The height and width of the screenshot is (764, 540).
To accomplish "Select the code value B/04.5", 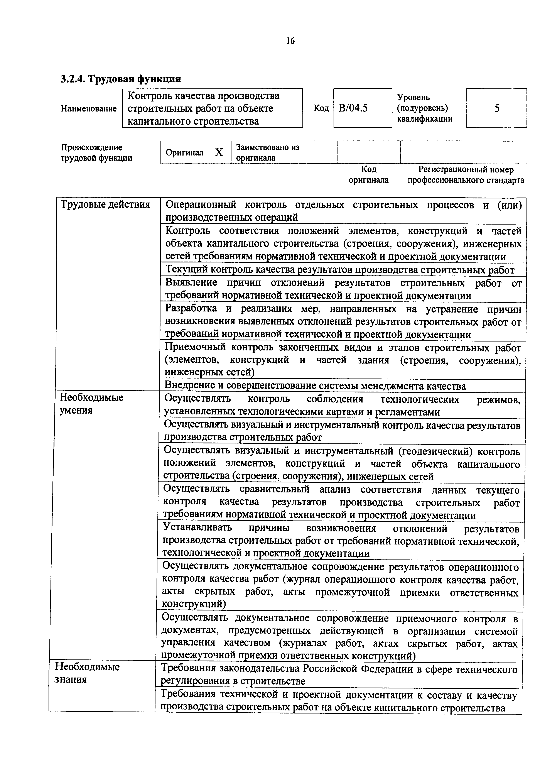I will coord(353,108).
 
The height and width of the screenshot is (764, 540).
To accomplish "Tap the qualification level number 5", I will coord(496,108).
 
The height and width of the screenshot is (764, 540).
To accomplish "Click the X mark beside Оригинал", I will coord(219,152).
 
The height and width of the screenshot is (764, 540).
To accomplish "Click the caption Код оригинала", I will coord(369,175).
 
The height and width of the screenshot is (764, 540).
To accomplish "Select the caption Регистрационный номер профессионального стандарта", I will coord(466,175).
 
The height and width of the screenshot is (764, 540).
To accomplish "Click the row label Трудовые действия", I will coord(105,204).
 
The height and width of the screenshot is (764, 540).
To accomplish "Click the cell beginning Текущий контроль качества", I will coord(340,270).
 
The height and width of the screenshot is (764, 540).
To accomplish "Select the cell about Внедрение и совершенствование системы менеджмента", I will coord(315,386).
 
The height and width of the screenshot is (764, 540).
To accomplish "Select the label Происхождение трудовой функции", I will coord(96,152).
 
